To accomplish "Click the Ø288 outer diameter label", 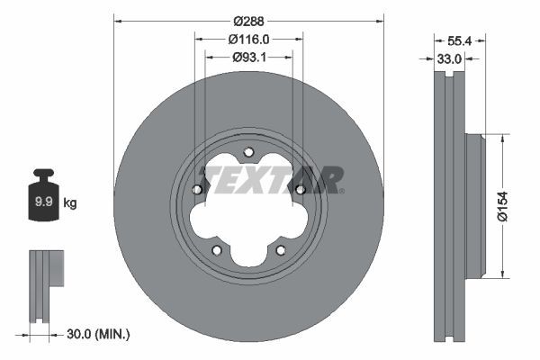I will [249, 20].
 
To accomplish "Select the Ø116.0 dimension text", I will [249, 39].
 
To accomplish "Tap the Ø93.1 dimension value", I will [249, 58].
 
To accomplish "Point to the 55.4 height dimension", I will [459, 40].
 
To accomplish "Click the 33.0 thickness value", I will [450, 58].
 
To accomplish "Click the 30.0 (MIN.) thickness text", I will [99, 334].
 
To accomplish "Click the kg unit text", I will [70, 203].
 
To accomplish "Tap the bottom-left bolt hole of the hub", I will [216, 249].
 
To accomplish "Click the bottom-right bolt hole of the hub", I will [280, 249].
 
